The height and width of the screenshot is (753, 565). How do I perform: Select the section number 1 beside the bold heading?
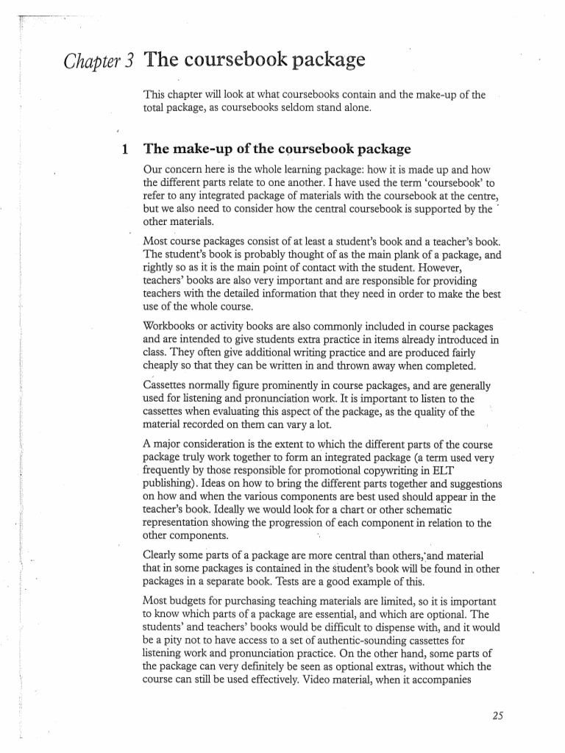pos(125,149)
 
